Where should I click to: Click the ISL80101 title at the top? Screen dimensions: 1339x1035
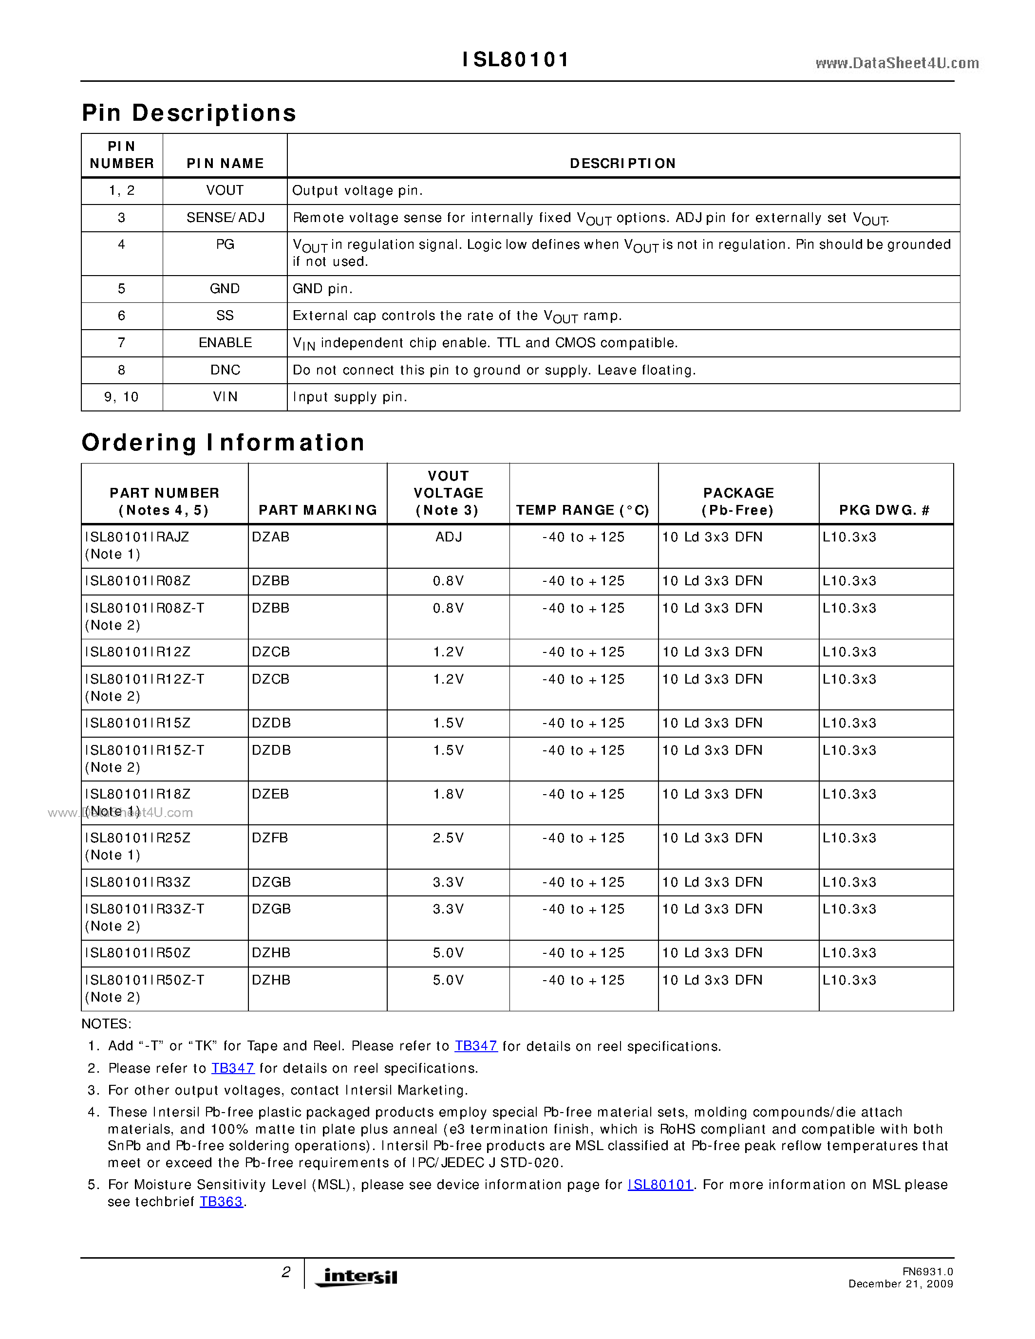(x=516, y=59)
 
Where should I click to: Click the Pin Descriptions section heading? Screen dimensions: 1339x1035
(x=189, y=113)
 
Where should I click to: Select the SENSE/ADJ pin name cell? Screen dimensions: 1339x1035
(x=225, y=218)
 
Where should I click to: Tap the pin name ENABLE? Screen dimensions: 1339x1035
(x=225, y=343)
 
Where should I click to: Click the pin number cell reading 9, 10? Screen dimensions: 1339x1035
(x=121, y=397)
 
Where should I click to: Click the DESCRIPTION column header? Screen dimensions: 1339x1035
(x=622, y=163)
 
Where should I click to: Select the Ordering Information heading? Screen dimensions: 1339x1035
(x=223, y=443)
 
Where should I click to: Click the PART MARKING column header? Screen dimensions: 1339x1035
(x=318, y=510)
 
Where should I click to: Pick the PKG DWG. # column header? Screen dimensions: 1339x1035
(x=884, y=510)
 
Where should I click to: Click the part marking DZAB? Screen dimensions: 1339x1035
(x=270, y=537)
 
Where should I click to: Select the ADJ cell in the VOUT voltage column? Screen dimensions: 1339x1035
(x=448, y=537)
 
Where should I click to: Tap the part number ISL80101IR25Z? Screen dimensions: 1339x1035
(x=138, y=838)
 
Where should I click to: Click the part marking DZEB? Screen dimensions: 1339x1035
(x=270, y=795)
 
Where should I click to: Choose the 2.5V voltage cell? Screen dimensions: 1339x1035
(x=448, y=838)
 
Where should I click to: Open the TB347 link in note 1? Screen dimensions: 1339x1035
(x=476, y=1046)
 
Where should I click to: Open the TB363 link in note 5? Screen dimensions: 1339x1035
(x=221, y=1202)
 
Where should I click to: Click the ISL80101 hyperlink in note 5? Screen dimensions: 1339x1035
(x=660, y=1185)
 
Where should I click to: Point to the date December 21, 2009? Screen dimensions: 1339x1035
(x=900, y=1284)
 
